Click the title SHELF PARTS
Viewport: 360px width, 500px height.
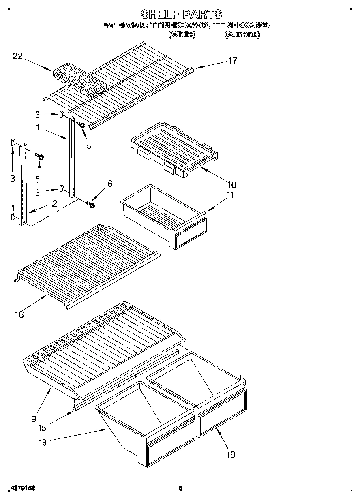pos(181,14)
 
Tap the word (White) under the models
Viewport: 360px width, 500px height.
pos(182,34)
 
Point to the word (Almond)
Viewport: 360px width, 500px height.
pos(242,34)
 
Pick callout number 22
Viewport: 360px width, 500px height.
pos(17,57)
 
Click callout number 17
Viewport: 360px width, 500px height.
pos(232,61)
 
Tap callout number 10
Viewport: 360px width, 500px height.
pos(232,185)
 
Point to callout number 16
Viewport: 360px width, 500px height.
pos(19,314)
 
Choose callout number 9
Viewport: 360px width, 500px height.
pos(34,419)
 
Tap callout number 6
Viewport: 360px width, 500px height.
pos(109,184)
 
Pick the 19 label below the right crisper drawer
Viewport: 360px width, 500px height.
pos(230,455)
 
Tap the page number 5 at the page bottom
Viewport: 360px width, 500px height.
pos(180,489)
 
